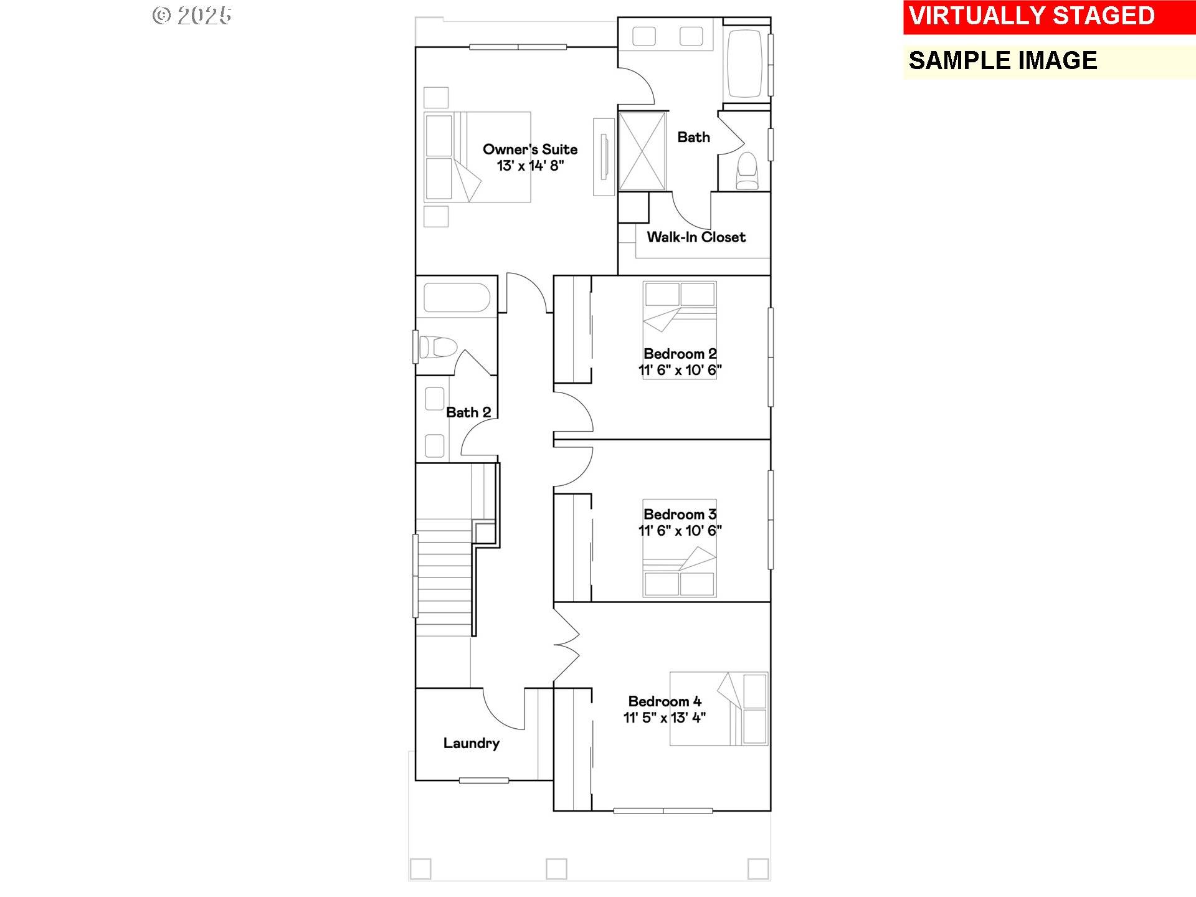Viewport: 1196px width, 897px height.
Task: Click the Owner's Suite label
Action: (530, 149)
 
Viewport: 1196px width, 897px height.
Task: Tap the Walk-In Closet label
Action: (696, 237)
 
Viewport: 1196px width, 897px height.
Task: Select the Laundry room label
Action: (472, 743)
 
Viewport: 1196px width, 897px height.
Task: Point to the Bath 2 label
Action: (468, 412)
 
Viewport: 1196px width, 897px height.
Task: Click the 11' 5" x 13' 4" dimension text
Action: (665, 718)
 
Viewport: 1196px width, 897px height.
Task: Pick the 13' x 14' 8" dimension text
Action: (530, 166)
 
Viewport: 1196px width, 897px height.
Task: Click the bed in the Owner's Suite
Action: (477, 157)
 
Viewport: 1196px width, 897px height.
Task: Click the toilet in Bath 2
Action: (438, 347)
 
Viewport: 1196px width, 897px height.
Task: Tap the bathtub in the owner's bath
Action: (745, 63)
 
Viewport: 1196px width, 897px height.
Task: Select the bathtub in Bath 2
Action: (457, 298)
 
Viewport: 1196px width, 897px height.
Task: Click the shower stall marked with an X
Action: (642, 151)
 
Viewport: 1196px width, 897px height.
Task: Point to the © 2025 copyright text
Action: (192, 16)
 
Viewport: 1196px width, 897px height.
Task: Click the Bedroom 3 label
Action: (680, 515)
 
